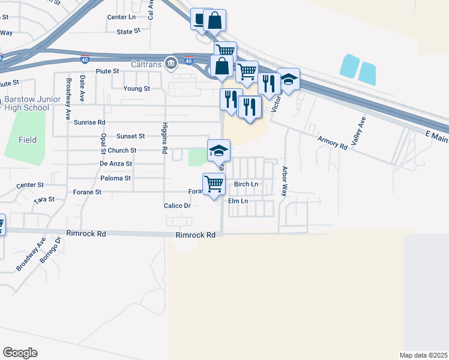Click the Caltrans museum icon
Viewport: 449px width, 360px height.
pos(171,63)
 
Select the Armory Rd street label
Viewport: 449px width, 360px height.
pos(333,142)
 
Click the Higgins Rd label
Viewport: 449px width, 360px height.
pos(163,138)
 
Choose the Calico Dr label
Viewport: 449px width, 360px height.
pos(177,205)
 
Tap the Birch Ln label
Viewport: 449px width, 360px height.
pos(246,184)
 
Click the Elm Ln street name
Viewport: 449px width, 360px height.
pos(238,201)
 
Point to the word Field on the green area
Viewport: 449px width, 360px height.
pos(27,140)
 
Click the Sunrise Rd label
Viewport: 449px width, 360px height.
pos(89,122)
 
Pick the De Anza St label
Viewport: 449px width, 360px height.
pos(115,163)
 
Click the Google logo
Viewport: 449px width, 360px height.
pos(20,353)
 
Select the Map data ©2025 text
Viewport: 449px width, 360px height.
pos(423,355)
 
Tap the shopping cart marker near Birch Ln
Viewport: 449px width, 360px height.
pos(214,183)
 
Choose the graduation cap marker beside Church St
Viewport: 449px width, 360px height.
pos(218,149)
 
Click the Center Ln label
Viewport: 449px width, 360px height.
pos(121,17)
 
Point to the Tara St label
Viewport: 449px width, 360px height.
pos(44,199)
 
